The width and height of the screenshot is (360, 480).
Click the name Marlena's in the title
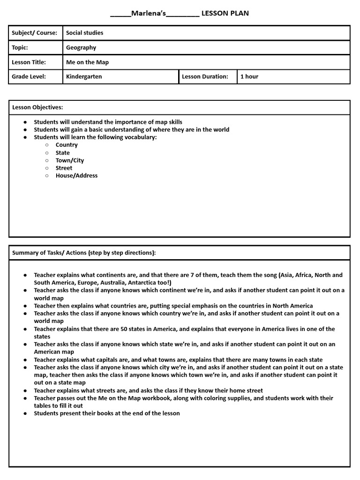(x=149, y=13)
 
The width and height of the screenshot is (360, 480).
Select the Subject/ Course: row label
(x=34, y=33)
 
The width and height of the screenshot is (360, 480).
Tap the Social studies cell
(x=84, y=33)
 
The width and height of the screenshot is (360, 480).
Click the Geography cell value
(x=81, y=47)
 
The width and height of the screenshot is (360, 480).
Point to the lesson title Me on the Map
(x=87, y=62)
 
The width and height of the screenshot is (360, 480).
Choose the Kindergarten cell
(x=84, y=76)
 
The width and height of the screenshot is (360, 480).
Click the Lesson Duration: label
(x=205, y=76)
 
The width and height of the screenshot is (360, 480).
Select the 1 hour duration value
(x=249, y=76)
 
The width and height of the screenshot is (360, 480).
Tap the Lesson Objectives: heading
(x=37, y=107)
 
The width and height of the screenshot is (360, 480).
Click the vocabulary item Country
(x=67, y=145)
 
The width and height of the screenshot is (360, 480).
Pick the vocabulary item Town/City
(x=70, y=160)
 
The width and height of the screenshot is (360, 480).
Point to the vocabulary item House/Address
(x=76, y=176)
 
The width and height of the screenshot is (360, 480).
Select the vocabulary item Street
(x=64, y=168)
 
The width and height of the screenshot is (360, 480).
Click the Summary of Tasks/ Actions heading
(x=84, y=253)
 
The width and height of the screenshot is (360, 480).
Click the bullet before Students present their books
(x=25, y=413)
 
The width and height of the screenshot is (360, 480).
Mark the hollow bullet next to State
(x=47, y=153)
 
